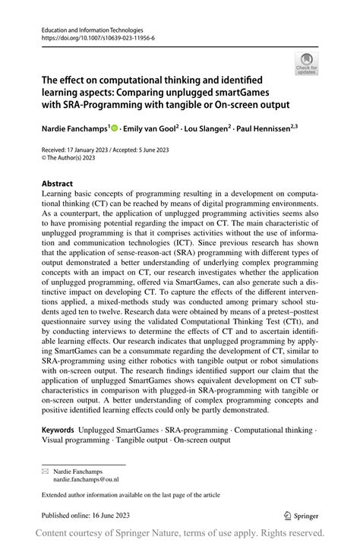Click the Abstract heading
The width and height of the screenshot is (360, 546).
(x=57, y=183)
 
